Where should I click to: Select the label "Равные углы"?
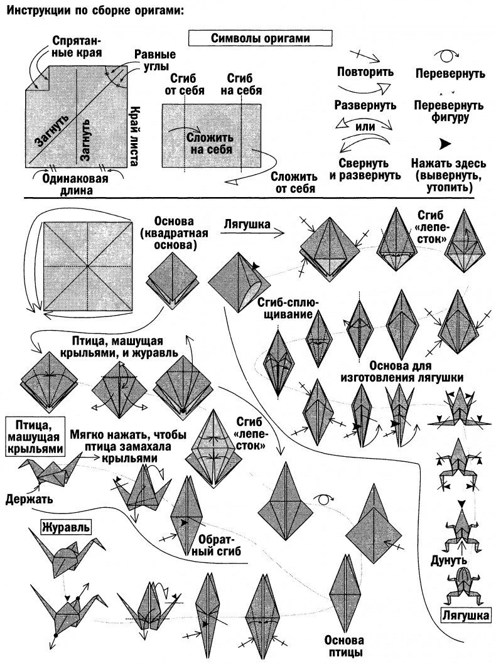pos(155,61)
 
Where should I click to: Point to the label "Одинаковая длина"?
pos(75,183)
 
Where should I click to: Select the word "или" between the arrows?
pos(365,126)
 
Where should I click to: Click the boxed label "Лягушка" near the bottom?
pos(466,615)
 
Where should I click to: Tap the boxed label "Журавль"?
pos(67,525)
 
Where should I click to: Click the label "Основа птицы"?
pos(344,647)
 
